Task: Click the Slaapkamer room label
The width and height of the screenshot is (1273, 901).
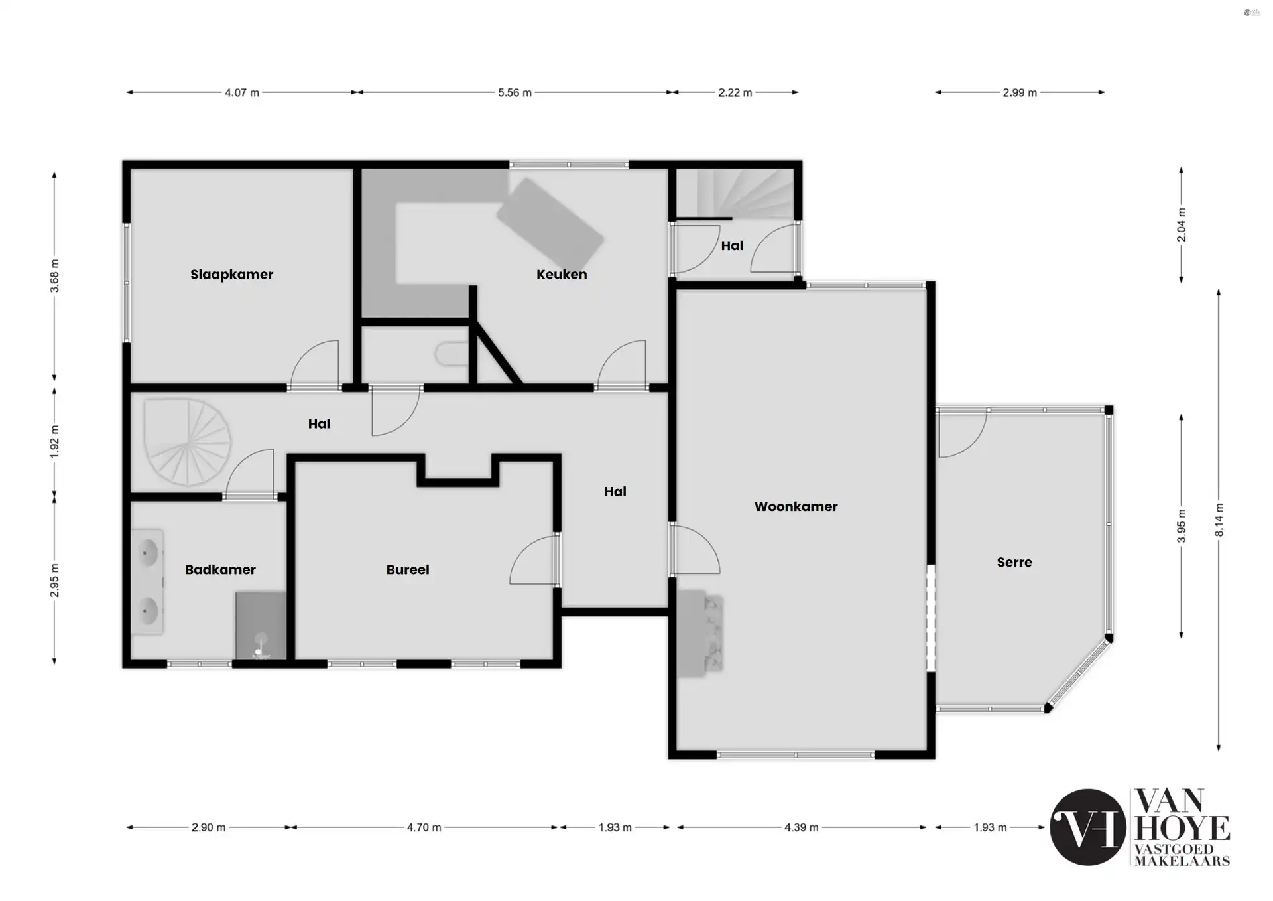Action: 231,275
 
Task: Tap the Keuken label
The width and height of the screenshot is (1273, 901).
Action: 561,275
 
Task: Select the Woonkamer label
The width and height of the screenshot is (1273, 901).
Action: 796,507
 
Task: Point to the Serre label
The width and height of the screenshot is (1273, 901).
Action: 1014,563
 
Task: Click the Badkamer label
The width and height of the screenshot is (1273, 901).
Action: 220,570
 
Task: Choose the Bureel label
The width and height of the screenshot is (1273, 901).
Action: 407,570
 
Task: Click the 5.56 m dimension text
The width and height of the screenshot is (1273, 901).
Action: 515,93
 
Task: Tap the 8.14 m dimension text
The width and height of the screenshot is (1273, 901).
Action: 1219,520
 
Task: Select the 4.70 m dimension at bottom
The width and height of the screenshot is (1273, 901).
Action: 424,827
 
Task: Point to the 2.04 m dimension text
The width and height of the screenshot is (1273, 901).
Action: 1181,225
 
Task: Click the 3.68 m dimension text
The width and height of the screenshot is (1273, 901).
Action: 55,276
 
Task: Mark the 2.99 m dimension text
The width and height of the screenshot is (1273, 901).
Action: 1019,93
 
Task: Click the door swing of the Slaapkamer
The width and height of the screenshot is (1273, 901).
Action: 317,364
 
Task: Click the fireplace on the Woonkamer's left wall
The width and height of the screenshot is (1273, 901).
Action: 700,634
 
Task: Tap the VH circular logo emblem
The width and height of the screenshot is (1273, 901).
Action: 1087,827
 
